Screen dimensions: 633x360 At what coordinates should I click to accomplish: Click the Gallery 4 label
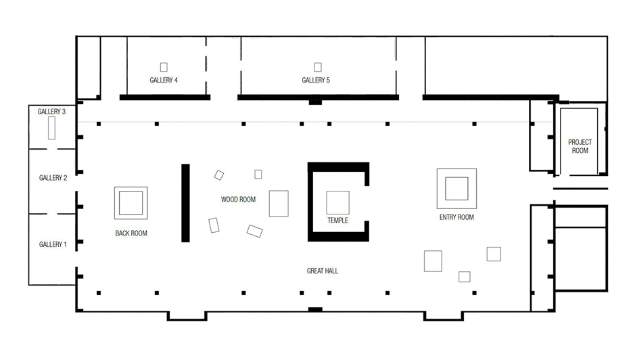tap(164, 80)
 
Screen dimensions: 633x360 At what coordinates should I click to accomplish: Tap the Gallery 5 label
tap(316, 80)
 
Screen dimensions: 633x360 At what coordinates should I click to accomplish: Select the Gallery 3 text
tap(51, 112)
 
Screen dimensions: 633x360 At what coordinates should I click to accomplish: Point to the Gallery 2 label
tap(53, 178)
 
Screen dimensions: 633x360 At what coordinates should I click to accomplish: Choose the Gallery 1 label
tap(53, 244)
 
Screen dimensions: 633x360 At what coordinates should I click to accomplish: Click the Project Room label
tap(580, 146)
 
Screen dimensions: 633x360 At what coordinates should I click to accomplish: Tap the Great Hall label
tap(322, 271)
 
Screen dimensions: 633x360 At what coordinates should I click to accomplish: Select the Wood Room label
tap(238, 199)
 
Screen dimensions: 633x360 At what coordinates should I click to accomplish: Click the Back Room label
tap(131, 233)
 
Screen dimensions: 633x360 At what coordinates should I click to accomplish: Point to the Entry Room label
tap(456, 217)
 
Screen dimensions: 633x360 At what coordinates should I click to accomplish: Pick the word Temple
tap(337, 220)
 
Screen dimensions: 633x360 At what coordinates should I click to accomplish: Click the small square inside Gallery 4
tap(164, 67)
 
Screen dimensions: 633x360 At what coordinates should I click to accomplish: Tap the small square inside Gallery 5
tap(318, 67)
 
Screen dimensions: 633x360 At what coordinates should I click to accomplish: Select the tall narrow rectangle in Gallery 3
tap(51, 128)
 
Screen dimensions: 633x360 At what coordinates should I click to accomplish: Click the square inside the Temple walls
tap(337, 202)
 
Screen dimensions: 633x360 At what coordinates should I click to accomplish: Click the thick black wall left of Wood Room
tap(185, 203)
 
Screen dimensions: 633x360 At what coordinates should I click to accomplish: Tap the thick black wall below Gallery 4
tap(165, 97)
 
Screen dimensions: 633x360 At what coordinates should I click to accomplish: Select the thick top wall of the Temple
tap(338, 166)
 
